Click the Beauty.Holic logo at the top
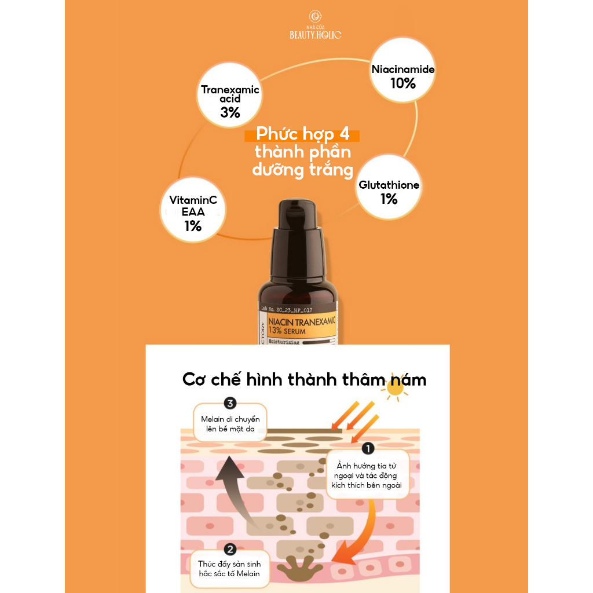click(x=316, y=25)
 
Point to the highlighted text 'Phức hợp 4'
click(x=301, y=136)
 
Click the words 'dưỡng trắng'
click(x=303, y=170)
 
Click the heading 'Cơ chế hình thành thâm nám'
click(x=304, y=379)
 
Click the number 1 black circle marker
click(x=367, y=448)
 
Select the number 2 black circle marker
click(x=229, y=550)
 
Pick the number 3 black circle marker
click(x=229, y=403)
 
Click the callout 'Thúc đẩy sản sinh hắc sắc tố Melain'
click(x=229, y=569)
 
